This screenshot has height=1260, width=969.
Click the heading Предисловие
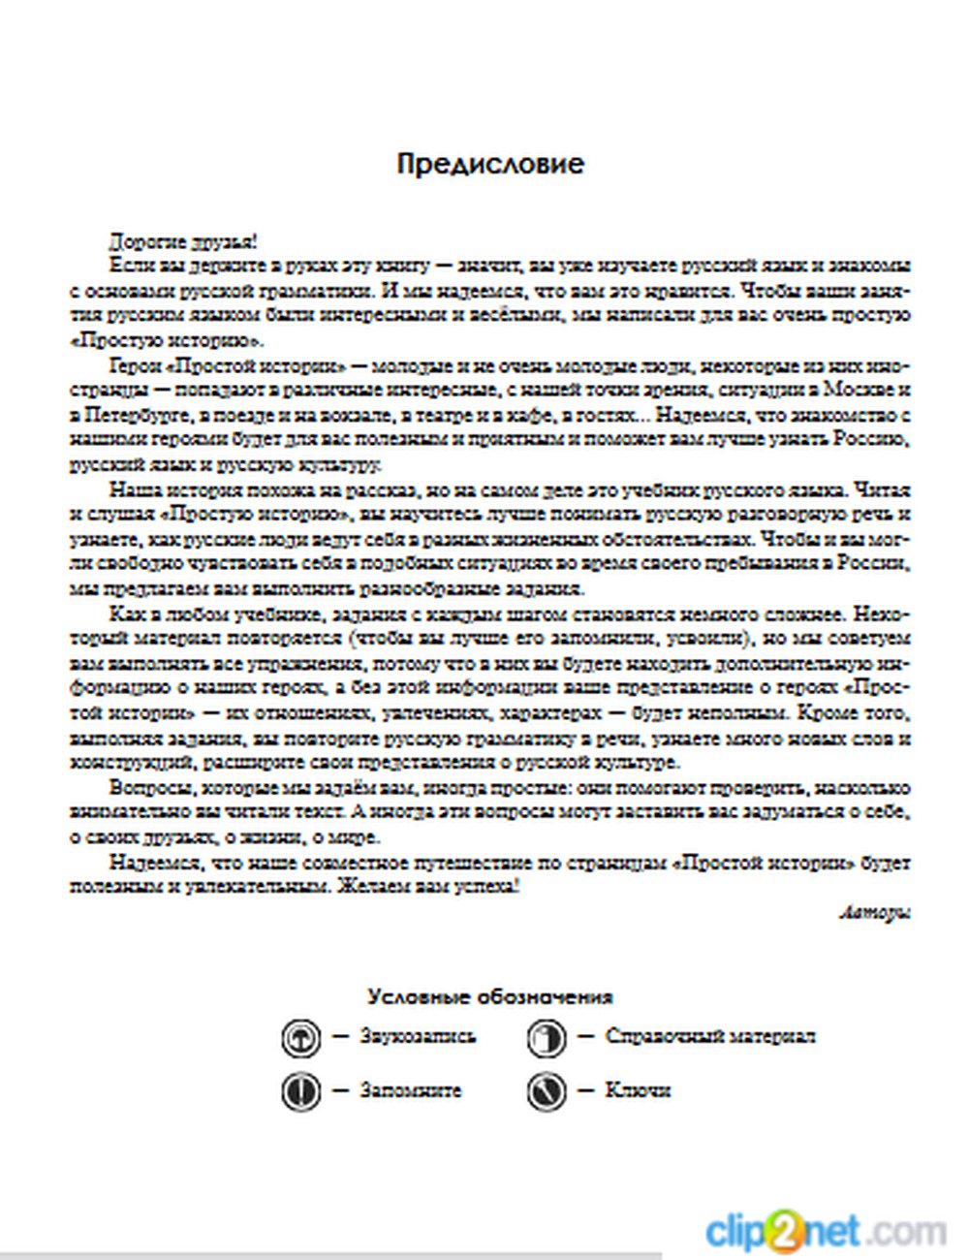point(490,163)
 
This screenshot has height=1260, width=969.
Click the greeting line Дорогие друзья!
point(182,241)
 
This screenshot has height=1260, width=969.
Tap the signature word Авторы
point(874,912)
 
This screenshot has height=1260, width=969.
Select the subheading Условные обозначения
point(490,996)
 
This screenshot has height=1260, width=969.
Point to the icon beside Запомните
point(300,1091)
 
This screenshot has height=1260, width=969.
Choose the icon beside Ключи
point(546,1091)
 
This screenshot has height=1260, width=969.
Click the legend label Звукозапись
point(418,1036)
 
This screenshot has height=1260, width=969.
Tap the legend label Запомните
point(410,1090)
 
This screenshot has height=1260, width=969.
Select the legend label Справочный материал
point(709,1036)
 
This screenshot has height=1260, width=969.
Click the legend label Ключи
point(637,1090)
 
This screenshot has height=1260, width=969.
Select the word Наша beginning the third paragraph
point(130,489)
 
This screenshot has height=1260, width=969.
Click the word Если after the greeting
point(126,266)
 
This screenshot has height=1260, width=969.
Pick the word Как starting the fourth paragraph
point(123,614)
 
